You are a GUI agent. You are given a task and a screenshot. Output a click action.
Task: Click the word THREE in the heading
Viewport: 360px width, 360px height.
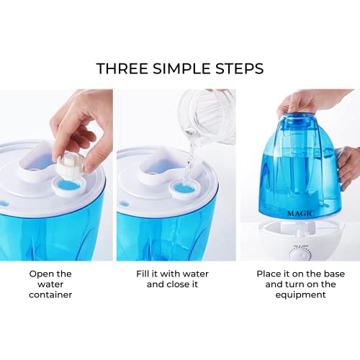tap(122, 68)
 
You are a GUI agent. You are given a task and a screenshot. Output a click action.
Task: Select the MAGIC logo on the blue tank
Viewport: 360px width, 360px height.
tap(301, 213)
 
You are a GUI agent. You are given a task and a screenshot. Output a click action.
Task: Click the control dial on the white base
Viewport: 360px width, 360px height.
tap(300, 254)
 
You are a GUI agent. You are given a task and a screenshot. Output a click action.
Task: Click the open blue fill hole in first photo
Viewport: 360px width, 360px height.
tap(67, 186)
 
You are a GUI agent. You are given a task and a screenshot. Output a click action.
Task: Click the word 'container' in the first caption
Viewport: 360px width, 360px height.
tap(50, 294)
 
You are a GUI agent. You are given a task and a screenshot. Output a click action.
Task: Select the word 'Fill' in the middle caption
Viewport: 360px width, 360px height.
tap(143, 274)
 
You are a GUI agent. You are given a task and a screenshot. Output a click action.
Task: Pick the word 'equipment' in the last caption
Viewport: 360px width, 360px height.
tap(300, 295)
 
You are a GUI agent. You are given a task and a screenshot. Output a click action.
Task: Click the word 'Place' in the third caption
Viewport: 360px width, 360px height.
tap(269, 274)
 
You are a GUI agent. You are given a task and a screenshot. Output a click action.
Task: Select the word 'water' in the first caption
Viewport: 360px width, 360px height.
tap(50, 284)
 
